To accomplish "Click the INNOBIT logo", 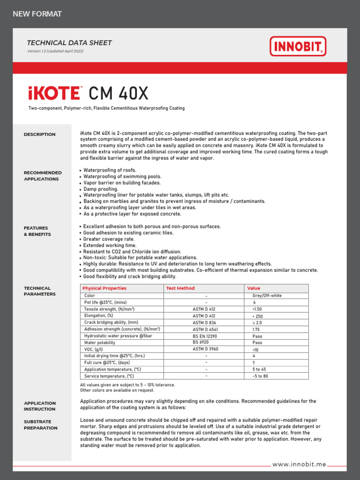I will click(x=298, y=46).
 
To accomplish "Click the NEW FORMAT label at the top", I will click(x=37, y=14).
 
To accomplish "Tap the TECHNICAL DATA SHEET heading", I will click(x=69, y=43).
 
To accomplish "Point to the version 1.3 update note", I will click(x=55, y=51).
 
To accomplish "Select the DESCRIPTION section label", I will click(x=39, y=135).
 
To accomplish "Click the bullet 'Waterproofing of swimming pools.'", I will click(x=122, y=176).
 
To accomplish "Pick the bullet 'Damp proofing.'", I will click(x=101, y=189).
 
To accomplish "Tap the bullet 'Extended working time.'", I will click(x=110, y=245).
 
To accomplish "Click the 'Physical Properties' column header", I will click(x=104, y=288).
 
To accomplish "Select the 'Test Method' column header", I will click(x=180, y=288).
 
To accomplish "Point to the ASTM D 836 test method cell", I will click(x=205, y=322).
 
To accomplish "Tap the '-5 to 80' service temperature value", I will click(x=260, y=376).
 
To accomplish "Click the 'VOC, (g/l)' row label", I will click(x=94, y=349).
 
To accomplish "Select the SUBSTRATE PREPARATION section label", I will click(x=41, y=425).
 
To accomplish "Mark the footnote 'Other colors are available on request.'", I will click(x=117, y=390).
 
